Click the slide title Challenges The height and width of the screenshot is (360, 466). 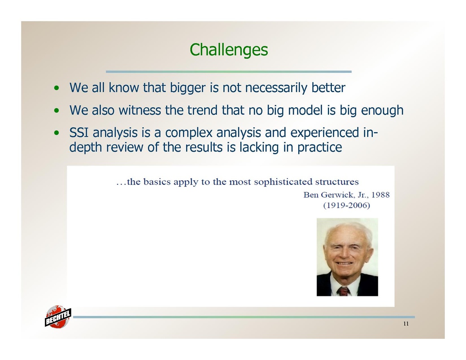pyautogui.click(x=229, y=50)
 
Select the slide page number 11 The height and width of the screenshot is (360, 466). pyautogui.click(x=406, y=324)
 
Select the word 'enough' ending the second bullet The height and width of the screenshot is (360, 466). pyautogui.click(x=382, y=111)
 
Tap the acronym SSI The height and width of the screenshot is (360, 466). pyautogui.click(x=79, y=133)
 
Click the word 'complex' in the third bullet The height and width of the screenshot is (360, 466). pyautogui.click(x=189, y=133)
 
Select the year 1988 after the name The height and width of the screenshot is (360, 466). pyautogui.click(x=380, y=195)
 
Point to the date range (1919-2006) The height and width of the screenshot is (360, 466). pyautogui.click(x=347, y=205)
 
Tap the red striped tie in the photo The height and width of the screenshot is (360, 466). pyautogui.click(x=343, y=291)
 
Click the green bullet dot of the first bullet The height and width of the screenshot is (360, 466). pyautogui.click(x=56, y=88)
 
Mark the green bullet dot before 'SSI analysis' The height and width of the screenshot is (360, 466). pyautogui.click(x=56, y=133)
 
